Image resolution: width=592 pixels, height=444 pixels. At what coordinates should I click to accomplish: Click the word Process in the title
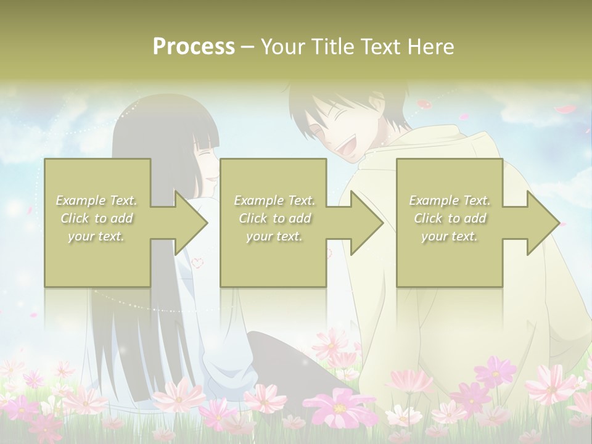(194, 47)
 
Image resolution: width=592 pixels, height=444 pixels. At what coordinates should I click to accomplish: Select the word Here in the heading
(430, 47)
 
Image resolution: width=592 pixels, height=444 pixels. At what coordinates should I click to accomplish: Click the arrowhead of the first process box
(191, 223)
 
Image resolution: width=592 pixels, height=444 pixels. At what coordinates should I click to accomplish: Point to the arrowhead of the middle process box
(367, 223)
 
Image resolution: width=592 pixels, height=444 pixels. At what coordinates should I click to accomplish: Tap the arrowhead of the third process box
(543, 223)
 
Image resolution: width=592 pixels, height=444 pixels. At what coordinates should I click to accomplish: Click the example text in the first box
(96, 218)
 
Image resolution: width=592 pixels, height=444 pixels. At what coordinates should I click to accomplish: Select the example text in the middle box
(274, 218)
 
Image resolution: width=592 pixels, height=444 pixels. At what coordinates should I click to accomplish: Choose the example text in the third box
(450, 218)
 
